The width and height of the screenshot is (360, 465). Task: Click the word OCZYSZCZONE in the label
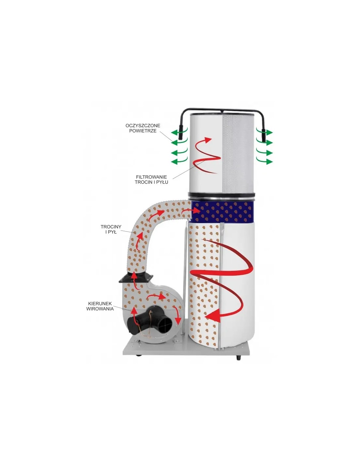[143, 125]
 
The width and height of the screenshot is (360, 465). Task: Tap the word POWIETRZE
[143, 131]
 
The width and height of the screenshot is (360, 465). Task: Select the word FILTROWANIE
[152, 177]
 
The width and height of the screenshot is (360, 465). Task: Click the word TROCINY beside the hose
[111, 227]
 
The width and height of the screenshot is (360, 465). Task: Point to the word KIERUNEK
[100, 303]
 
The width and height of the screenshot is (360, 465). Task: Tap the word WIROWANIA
[100, 309]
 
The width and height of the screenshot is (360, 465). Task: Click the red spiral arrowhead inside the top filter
[207, 140]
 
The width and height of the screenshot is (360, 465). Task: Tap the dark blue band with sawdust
[223, 212]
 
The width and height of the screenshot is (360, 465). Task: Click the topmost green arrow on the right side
[265, 132]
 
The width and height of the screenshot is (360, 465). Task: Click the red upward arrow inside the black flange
[135, 280]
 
